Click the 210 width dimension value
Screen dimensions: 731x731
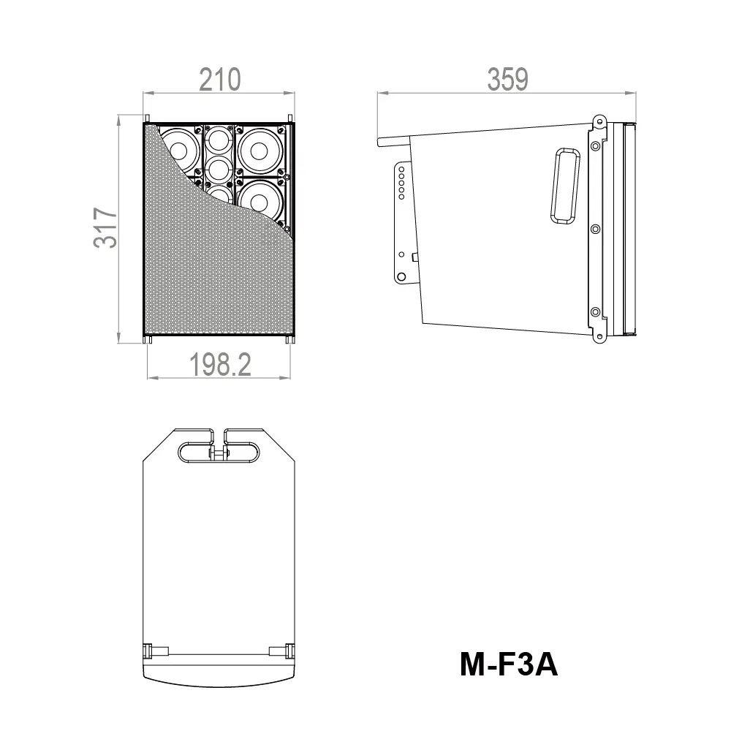click(219, 79)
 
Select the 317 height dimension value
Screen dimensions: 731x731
click(106, 228)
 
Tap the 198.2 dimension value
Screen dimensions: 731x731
click(220, 365)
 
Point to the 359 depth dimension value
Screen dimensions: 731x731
click(507, 79)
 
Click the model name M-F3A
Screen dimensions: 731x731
click(509, 664)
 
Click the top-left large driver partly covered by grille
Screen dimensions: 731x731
click(178, 148)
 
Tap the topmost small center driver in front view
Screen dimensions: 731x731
click(218, 138)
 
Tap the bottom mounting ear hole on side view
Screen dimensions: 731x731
click(599, 337)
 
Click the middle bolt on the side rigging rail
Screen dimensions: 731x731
click(595, 229)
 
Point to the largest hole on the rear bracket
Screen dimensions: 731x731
click(401, 276)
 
